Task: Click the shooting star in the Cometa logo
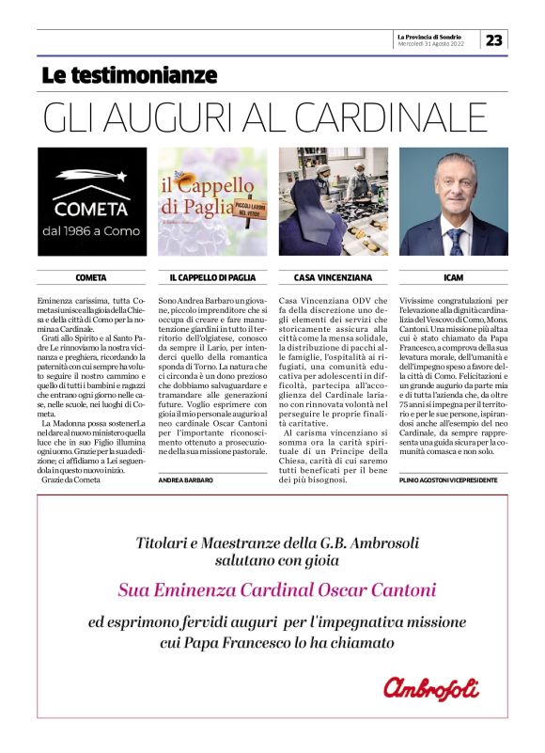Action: click(x=91, y=176)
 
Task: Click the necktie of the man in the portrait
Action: click(x=457, y=241)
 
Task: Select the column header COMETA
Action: click(x=91, y=278)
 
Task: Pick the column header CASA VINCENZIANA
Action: click(x=333, y=278)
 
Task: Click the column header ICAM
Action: click(x=454, y=278)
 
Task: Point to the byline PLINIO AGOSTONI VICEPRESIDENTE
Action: click(x=447, y=479)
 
